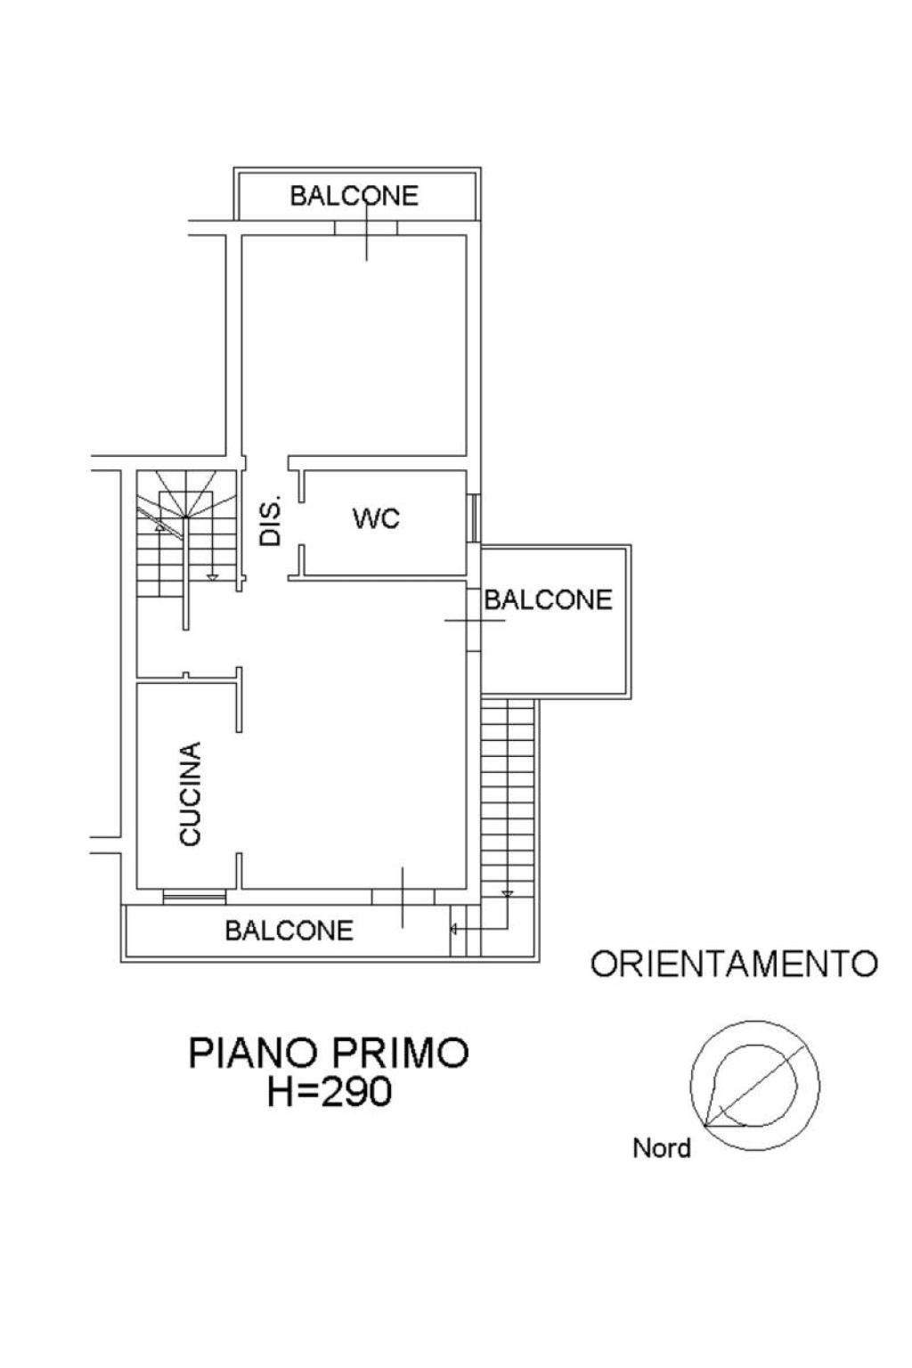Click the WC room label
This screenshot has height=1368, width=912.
(376, 519)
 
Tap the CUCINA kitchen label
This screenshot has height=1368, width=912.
(190, 794)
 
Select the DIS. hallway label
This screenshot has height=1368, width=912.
(270, 520)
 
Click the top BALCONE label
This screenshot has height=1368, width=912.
(354, 196)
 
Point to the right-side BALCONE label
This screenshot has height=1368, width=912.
(548, 599)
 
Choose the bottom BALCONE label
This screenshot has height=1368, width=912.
(289, 930)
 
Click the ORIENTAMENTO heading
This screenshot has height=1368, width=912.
(734, 964)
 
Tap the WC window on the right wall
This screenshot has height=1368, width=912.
(473, 517)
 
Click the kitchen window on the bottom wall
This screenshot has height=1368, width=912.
(194, 896)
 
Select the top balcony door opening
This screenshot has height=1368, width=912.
(366, 228)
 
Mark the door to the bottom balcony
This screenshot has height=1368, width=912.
(403, 897)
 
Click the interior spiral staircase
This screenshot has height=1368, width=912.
(186, 533)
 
